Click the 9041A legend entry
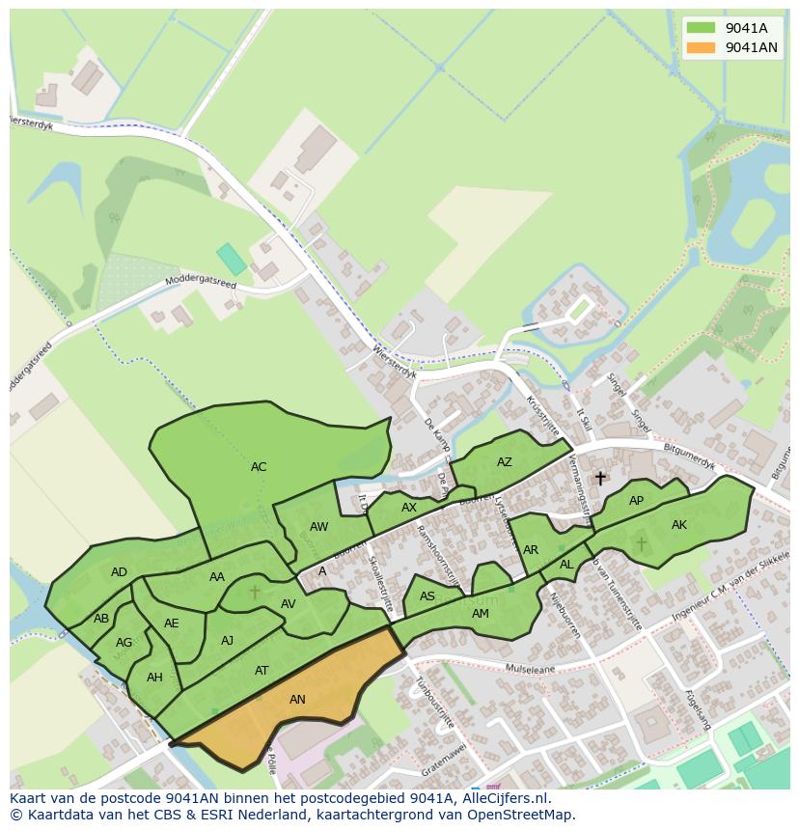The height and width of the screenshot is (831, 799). coord(730,28)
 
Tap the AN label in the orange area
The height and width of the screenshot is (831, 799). coord(297,700)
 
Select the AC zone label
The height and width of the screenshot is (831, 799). coord(259,467)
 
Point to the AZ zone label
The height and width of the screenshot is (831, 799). coord(505,462)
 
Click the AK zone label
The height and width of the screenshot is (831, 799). coord(679,525)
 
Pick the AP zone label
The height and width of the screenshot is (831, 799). coord(636,501)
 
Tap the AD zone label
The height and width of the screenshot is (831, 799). coord(119,572)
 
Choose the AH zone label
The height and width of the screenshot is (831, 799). coord(154,678)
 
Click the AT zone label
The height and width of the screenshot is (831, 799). coord(262,671)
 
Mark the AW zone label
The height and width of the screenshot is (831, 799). coord(319,527)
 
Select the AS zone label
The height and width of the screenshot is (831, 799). coord(427,597)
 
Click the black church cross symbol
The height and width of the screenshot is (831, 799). coord(600,478)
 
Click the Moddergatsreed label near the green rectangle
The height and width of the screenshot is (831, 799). coord(200,283)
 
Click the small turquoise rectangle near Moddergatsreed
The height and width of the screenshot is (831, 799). coord(231,259)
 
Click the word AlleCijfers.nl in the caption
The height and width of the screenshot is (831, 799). coord(504,798)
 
